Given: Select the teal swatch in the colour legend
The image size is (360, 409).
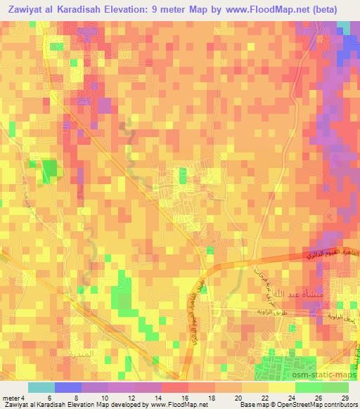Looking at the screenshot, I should click(x=41, y=387).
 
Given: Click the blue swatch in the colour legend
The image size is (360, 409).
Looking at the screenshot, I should click(x=67, y=387).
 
